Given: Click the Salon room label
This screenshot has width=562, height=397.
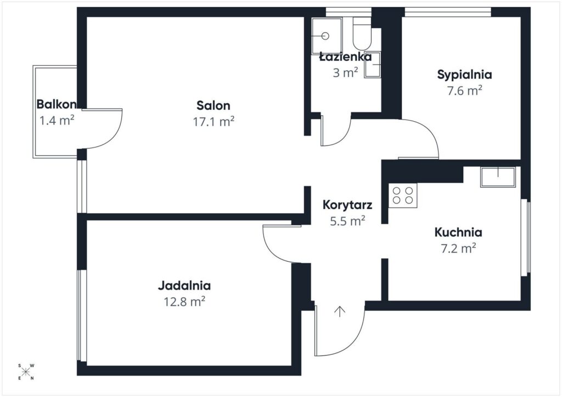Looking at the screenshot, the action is [x=213, y=105].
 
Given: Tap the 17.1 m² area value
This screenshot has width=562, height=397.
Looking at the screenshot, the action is [x=213, y=122].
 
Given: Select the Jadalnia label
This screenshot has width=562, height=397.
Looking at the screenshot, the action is [x=184, y=285].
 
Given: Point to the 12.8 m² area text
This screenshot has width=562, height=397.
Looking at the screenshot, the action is [x=184, y=302].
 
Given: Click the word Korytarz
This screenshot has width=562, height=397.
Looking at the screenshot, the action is [x=347, y=205].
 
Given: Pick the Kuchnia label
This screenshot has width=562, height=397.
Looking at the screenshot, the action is [x=458, y=232].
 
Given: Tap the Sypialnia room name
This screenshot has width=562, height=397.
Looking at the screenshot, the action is [x=464, y=75].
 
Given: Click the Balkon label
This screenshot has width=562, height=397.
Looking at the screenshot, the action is [x=57, y=104].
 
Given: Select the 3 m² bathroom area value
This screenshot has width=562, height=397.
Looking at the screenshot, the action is [x=345, y=73].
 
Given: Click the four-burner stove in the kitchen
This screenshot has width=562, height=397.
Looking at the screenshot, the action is [x=403, y=195].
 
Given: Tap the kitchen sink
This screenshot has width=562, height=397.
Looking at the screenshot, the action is [x=498, y=177].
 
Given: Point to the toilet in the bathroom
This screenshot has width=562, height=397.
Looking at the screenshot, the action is [x=362, y=33].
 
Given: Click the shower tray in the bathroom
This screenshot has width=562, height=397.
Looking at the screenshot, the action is [x=327, y=36].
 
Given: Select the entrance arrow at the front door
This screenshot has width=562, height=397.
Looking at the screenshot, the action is [x=339, y=311].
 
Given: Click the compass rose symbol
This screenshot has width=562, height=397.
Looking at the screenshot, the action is [x=26, y=372].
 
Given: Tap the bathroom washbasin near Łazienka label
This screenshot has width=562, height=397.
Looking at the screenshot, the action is [x=373, y=65].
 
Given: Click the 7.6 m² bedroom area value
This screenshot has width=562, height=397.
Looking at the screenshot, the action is [x=464, y=90].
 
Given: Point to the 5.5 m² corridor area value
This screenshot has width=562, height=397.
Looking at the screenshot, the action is [x=347, y=221].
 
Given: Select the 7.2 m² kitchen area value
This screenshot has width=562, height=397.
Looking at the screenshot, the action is [x=458, y=248].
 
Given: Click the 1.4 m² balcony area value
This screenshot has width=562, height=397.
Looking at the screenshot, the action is [x=57, y=121].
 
